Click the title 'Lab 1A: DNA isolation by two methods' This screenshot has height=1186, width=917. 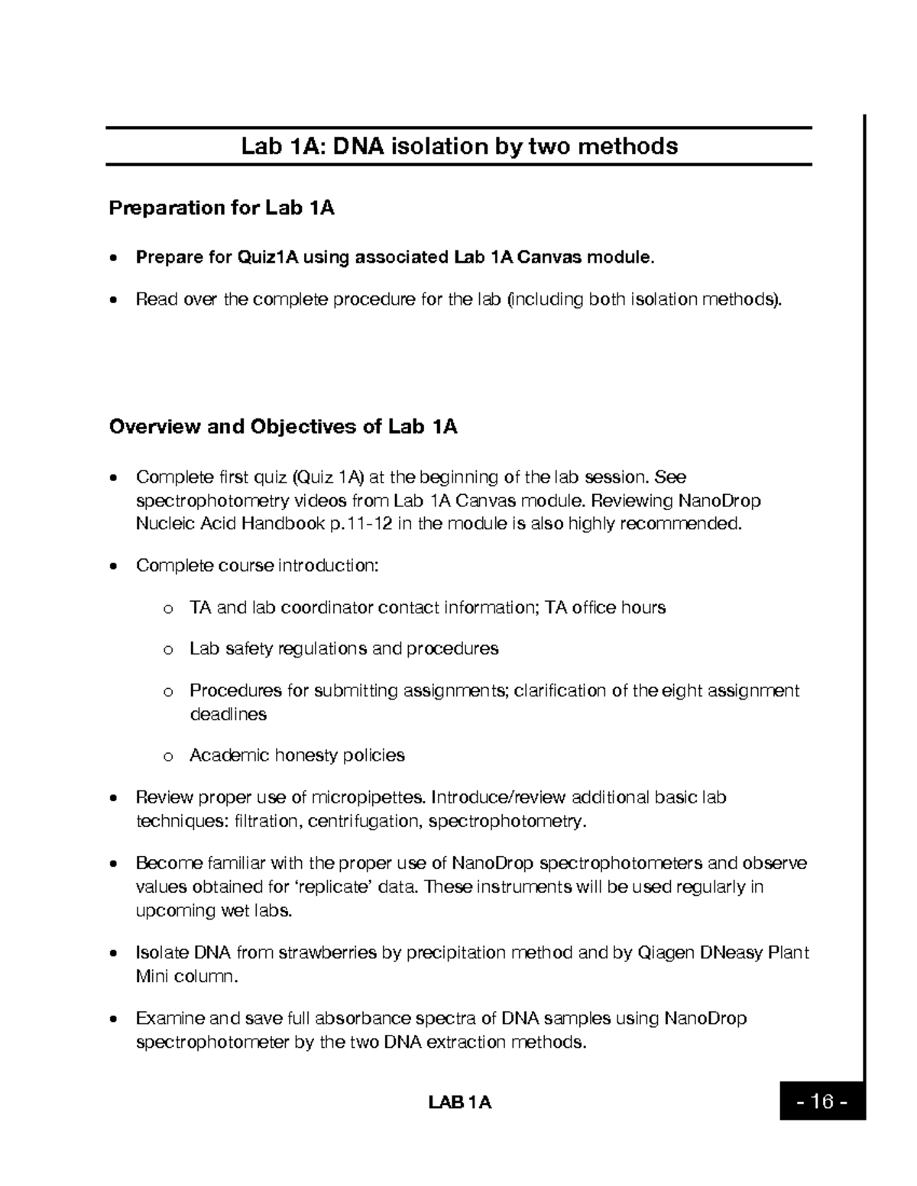459,146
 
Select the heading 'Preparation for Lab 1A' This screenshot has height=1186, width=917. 222,208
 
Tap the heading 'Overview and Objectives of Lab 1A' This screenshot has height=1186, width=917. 283,426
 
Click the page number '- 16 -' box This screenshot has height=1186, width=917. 822,1101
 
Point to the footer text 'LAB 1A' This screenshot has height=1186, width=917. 459,1102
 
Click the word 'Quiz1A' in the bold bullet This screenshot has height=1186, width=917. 267,257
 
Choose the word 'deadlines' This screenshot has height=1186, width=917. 228,714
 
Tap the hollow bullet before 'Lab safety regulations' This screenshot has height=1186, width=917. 167,650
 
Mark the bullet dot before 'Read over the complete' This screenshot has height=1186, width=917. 114,300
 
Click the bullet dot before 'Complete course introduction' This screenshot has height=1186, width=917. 114,567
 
